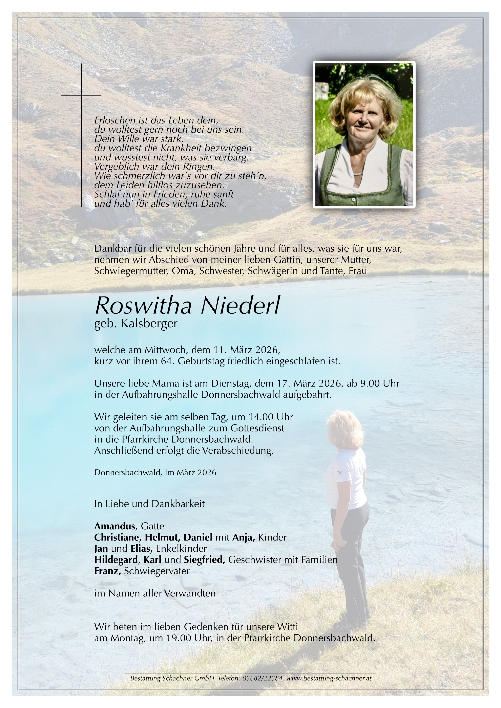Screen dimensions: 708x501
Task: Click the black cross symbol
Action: pyautogui.click(x=81, y=95)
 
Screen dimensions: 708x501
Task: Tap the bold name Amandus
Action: pyautogui.click(x=115, y=526)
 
